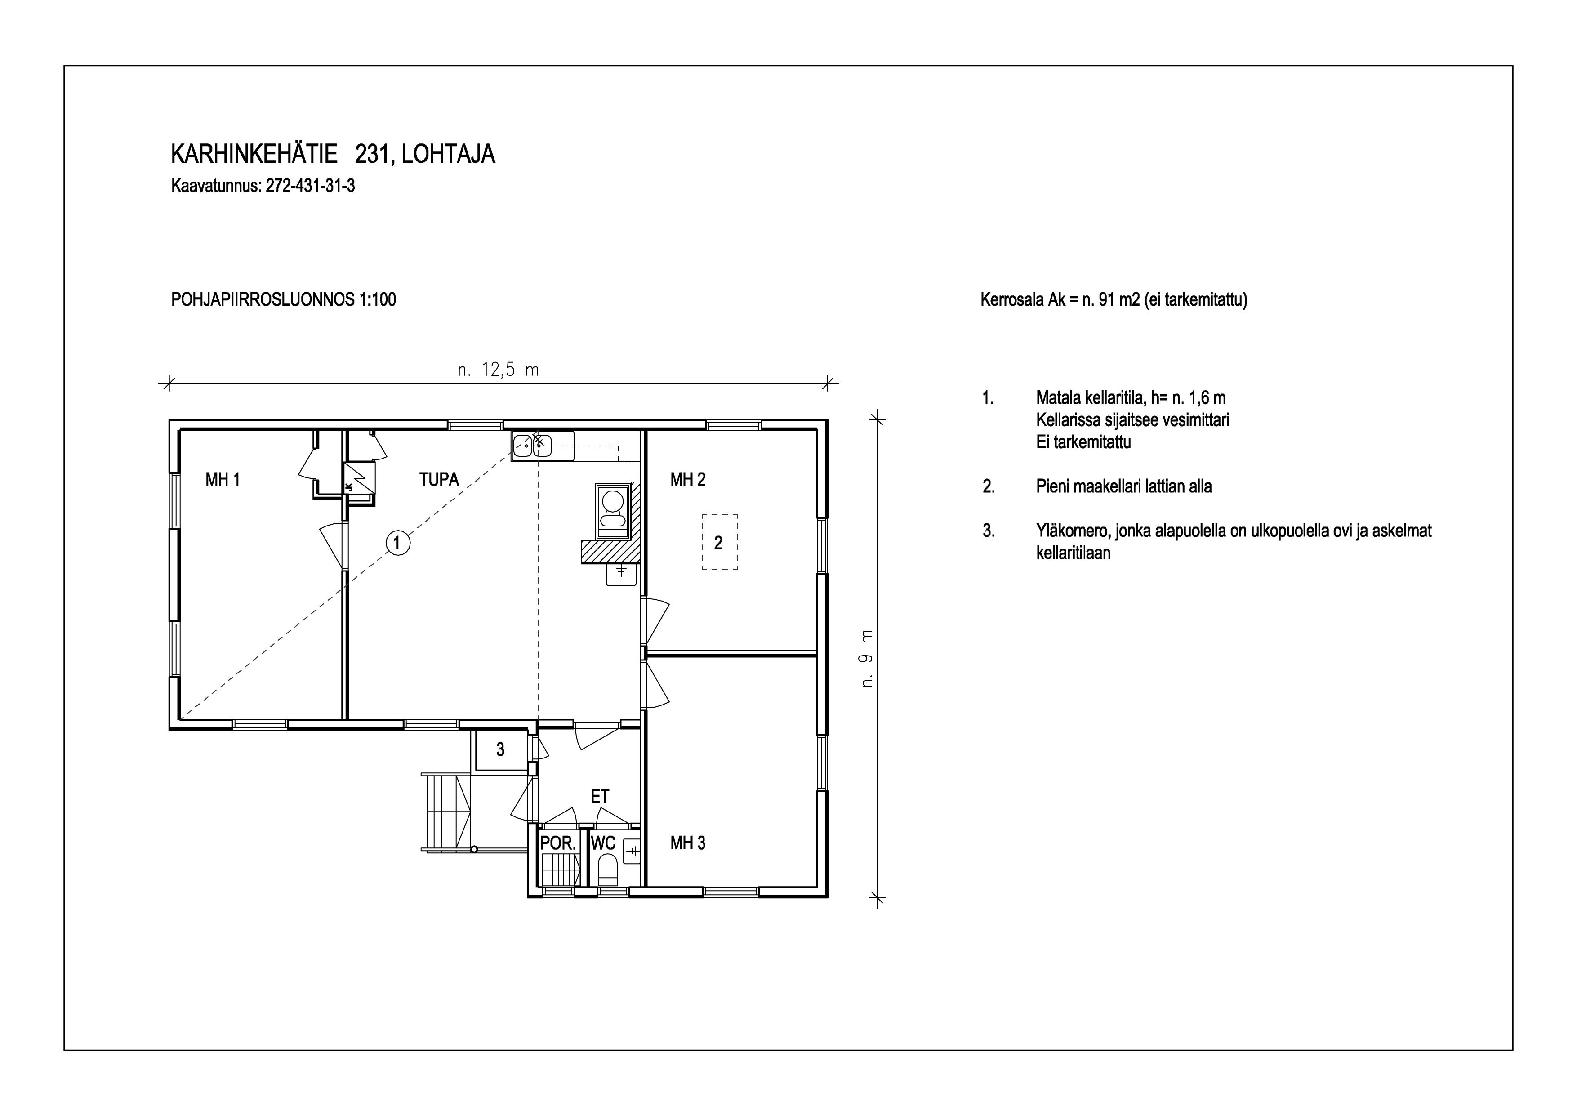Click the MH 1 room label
click(x=223, y=480)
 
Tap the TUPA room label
click(x=439, y=480)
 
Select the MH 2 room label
click(x=687, y=480)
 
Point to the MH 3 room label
click(x=687, y=843)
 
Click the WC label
click(x=603, y=843)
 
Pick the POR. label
click(x=558, y=843)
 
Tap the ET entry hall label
click(x=600, y=796)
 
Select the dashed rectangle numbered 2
click(x=719, y=542)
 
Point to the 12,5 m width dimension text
click(x=499, y=370)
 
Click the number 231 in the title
click(x=372, y=155)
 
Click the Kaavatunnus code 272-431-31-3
click(x=311, y=186)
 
